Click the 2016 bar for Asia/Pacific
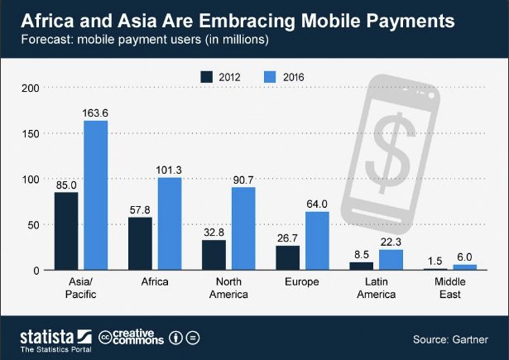tap(96, 195)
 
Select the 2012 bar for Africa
tap(140, 243)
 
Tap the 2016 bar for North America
tap(243, 228)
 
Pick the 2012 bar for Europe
tap(287, 257)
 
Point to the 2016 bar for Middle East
tap(464, 267)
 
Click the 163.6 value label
tap(96, 113)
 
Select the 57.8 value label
tap(140, 210)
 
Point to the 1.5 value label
tap(435, 260)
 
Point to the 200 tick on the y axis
tap(31, 88)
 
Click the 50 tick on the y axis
tap(33, 225)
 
